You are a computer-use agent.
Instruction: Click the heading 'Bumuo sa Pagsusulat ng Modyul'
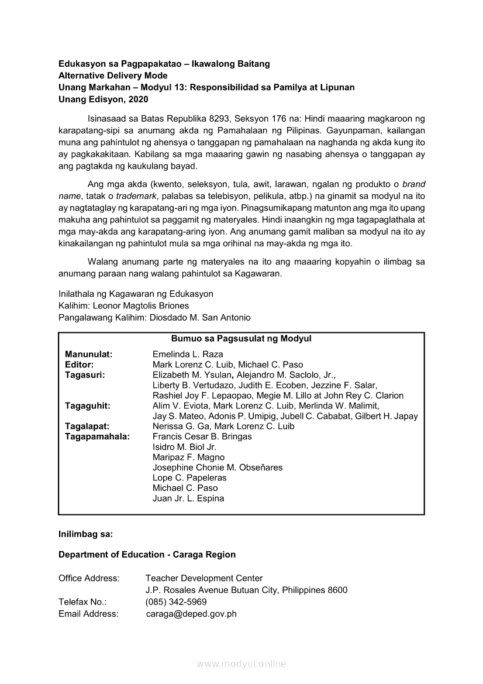(241, 339)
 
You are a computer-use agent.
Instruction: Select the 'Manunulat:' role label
(89, 355)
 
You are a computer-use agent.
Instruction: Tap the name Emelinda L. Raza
(188, 355)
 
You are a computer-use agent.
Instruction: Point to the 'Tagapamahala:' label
(98, 436)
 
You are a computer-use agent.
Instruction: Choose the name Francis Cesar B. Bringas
(202, 436)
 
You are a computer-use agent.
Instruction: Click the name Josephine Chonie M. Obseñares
(218, 468)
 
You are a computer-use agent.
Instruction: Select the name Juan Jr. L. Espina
(188, 499)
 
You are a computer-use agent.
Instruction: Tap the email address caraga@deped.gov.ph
(191, 614)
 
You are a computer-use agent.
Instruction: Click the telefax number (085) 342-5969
(176, 601)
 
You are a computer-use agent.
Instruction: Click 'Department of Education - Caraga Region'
(147, 554)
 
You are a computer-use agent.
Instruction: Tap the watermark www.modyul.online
(241, 664)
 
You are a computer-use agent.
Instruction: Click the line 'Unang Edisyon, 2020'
(99, 99)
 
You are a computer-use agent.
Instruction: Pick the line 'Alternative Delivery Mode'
(113, 75)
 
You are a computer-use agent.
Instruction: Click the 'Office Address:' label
(89, 578)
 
